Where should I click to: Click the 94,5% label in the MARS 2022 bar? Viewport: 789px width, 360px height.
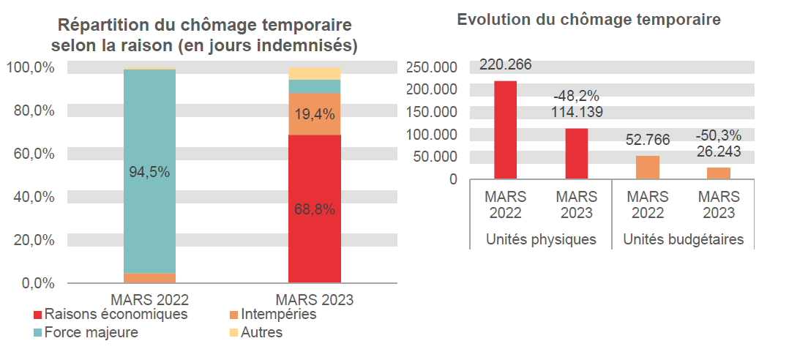pyautogui.click(x=149, y=173)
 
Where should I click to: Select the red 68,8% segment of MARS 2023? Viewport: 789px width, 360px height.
pyautogui.click(x=315, y=209)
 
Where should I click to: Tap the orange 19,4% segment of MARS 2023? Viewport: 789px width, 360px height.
pyautogui.click(x=315, y=114)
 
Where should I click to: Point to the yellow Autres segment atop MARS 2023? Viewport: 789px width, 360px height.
pyautogui.click(x=315, y=73)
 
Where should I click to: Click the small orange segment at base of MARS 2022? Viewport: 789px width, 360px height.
pyautogui.click(x=149, y=278)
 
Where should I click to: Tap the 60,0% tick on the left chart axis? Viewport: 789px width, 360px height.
pyautogui.click(x=31, y=154)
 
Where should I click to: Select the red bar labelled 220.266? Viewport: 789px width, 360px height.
pyautogui.click(x=505, y=130)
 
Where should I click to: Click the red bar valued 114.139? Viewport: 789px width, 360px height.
pyautogui.click(x=577, y=153)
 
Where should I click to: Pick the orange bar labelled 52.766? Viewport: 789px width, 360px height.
pyautogui.click(x=648, y=167)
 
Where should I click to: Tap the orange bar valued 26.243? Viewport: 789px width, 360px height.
pyautogui.click(x=719, y=173)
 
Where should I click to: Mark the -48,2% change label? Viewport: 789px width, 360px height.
pyautogui.click(x=577, y=96)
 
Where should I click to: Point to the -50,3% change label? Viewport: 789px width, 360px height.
pyautogui.click(x=719, y=135)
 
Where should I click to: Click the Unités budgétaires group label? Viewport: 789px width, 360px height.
pyautogui.click(x=683, y=239)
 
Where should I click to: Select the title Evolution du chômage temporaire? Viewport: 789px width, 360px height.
pyautogui.click(x=589, y=20)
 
